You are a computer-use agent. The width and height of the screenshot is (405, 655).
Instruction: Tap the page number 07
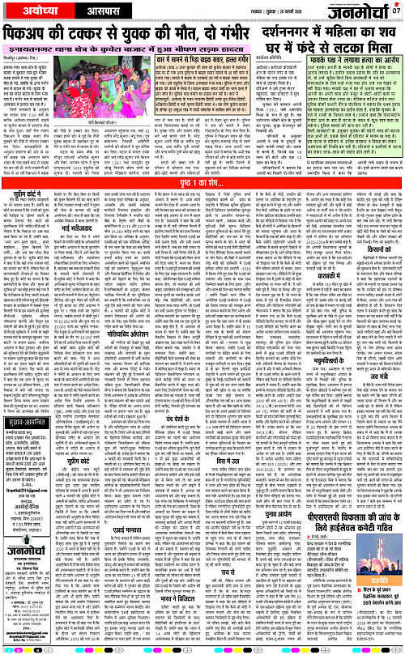(x=396, y=10)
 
